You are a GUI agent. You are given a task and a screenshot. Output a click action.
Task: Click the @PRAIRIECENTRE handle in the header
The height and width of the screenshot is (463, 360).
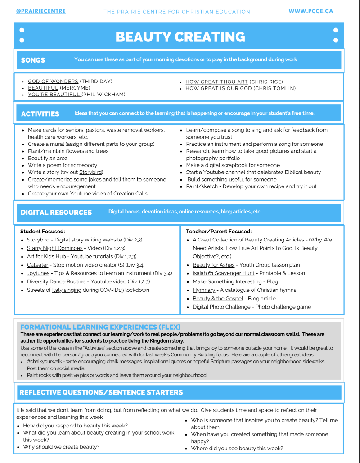coord(41,11)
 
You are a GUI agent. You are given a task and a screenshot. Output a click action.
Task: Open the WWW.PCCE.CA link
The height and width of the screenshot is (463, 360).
coord(311,11)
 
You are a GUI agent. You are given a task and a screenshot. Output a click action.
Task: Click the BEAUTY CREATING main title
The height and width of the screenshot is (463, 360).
coord(180,36)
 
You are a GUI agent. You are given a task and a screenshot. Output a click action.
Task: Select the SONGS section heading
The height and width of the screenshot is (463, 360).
coord(33,60)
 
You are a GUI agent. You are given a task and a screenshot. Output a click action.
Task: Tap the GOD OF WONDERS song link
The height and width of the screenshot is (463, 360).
coord(53,82)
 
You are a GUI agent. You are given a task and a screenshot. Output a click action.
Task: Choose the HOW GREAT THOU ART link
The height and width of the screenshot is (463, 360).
coord(216,82)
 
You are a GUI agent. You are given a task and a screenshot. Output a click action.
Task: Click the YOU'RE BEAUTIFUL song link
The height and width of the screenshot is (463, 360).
coord(54,95)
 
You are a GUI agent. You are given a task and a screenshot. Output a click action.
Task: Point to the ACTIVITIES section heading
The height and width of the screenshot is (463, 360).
coord(40,114)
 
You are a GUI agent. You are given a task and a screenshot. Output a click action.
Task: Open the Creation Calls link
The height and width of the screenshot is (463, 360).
coord(130,194)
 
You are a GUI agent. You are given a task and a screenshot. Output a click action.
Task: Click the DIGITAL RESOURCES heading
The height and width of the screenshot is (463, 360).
coord(56,213)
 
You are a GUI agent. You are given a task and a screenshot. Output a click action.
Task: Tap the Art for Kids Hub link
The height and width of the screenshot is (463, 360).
coord(46,256)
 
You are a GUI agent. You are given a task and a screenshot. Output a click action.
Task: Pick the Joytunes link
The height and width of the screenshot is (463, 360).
coord(38,273)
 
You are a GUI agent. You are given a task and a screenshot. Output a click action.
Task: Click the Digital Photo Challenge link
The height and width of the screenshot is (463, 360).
coord(221,307)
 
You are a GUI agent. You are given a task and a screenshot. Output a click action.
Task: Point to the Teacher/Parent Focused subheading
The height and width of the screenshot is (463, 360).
coord(219,231)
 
